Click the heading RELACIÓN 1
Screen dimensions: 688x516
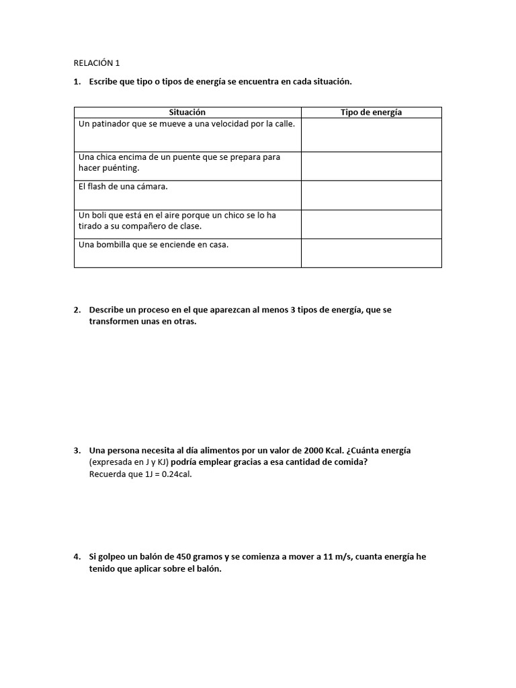tap(96, 63)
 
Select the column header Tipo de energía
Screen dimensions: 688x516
tap(371, 112)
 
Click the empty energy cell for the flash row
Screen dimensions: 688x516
tap(371, 195)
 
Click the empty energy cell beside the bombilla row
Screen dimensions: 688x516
tap(371, 253)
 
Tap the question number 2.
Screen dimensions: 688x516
tap(77, 310)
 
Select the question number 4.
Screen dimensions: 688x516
tap(77, 557)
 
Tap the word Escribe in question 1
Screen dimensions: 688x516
tap(103, 81)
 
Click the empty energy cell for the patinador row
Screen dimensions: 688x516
tap(371, 134)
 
